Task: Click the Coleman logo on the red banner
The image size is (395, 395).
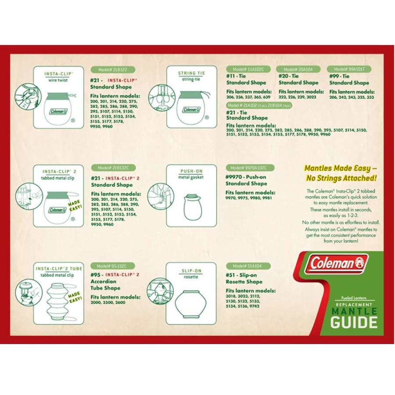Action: coord(338,263)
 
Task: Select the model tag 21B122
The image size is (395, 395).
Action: coord(112,69)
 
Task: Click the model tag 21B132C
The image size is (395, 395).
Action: coord(113,168)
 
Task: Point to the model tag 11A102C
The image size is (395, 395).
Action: coord(248,69)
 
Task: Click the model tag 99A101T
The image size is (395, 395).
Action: coord(349,69)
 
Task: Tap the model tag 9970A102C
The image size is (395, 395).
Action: coord(249,168)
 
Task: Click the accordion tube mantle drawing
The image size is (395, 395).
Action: coord(58,301)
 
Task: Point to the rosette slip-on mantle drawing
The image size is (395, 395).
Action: coord(191,303)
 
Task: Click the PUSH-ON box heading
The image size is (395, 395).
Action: coord(191,171)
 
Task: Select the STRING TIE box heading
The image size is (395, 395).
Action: coord(191,73)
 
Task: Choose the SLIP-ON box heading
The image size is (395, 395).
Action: coord(191,271)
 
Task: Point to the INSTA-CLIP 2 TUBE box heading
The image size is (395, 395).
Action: coord(58,269)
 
